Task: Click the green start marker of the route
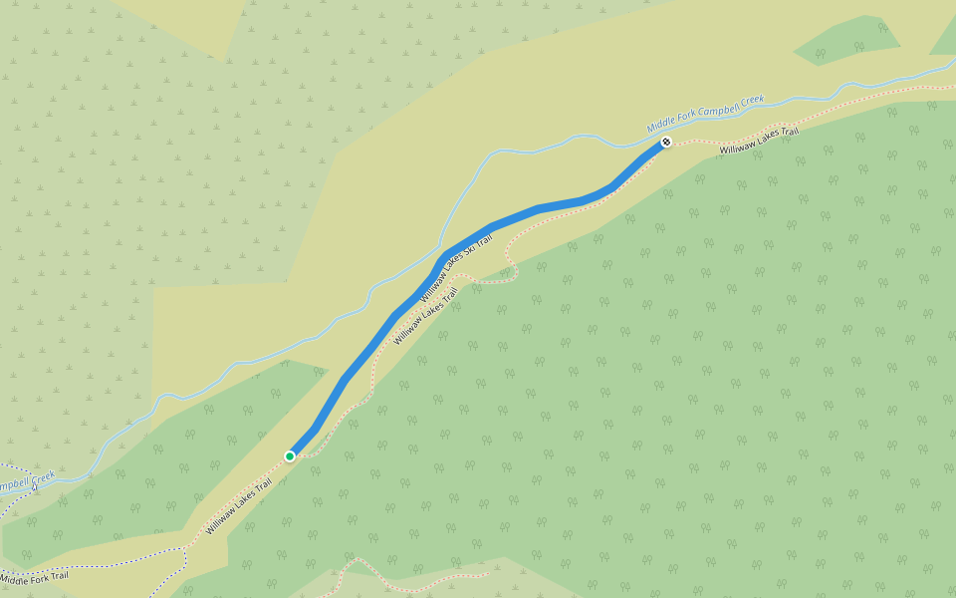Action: (x=290, y=456)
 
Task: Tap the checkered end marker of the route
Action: (x=665, y=143)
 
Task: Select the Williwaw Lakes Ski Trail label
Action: (x=456, y=268)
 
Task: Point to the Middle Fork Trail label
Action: (x=34, y=576)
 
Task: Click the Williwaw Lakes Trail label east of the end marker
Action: (x=759, y=141)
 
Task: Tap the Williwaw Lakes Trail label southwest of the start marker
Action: (x=239, y=507)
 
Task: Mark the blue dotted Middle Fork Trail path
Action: (x=119, y=558)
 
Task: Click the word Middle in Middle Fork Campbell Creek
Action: (x=660, y=127)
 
